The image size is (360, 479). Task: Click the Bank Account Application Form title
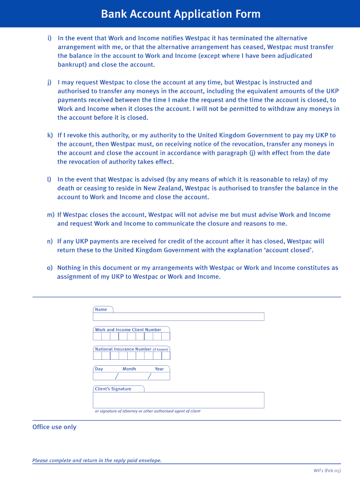(180, 14)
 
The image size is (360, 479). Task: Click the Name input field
(179, 317)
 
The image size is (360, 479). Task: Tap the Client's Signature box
(179, 400)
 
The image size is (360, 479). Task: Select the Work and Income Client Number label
(128, 330)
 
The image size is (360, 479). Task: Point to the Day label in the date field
(99, 369)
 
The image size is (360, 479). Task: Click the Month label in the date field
(129, 369)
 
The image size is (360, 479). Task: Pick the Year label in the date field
(159, 369)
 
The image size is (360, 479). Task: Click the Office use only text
(54, 427)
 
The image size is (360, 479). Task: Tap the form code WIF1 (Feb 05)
(327, 471)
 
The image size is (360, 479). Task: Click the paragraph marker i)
(49, 38)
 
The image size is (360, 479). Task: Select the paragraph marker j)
(49, 82)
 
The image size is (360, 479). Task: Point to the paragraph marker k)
(50, 136)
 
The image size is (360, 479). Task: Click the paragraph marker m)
(50, 215)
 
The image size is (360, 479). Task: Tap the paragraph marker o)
(50, 268)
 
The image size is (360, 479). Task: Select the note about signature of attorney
(148, 411)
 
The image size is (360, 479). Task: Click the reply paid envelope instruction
(97, 461)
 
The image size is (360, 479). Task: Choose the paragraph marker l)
(49, 180)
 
